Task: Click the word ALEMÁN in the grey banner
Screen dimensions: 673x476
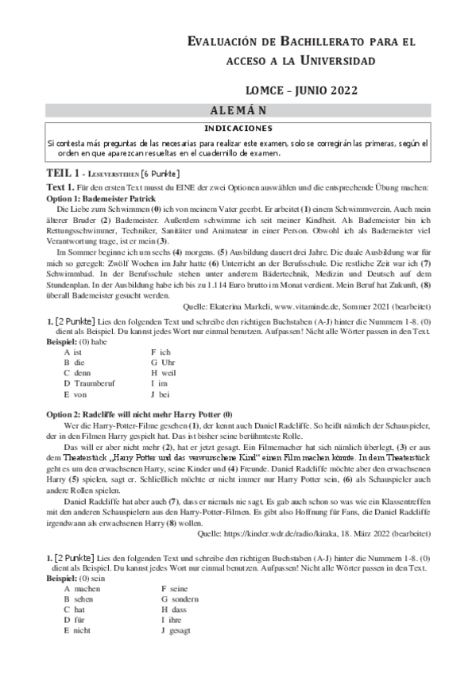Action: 238,110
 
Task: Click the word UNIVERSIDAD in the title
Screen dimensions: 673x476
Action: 329,60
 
